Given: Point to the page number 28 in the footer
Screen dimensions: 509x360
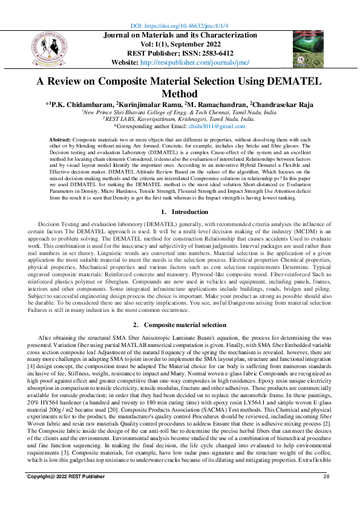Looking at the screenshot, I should [327, 494].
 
